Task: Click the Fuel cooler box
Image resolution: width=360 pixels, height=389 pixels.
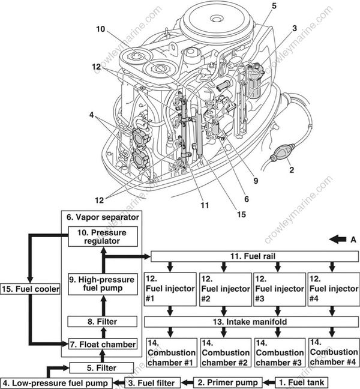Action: coord(31,289)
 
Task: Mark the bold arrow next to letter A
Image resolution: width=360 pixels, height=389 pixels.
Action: coord(337,238)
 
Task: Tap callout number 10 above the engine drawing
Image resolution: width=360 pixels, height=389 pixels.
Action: coord(100,28)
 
